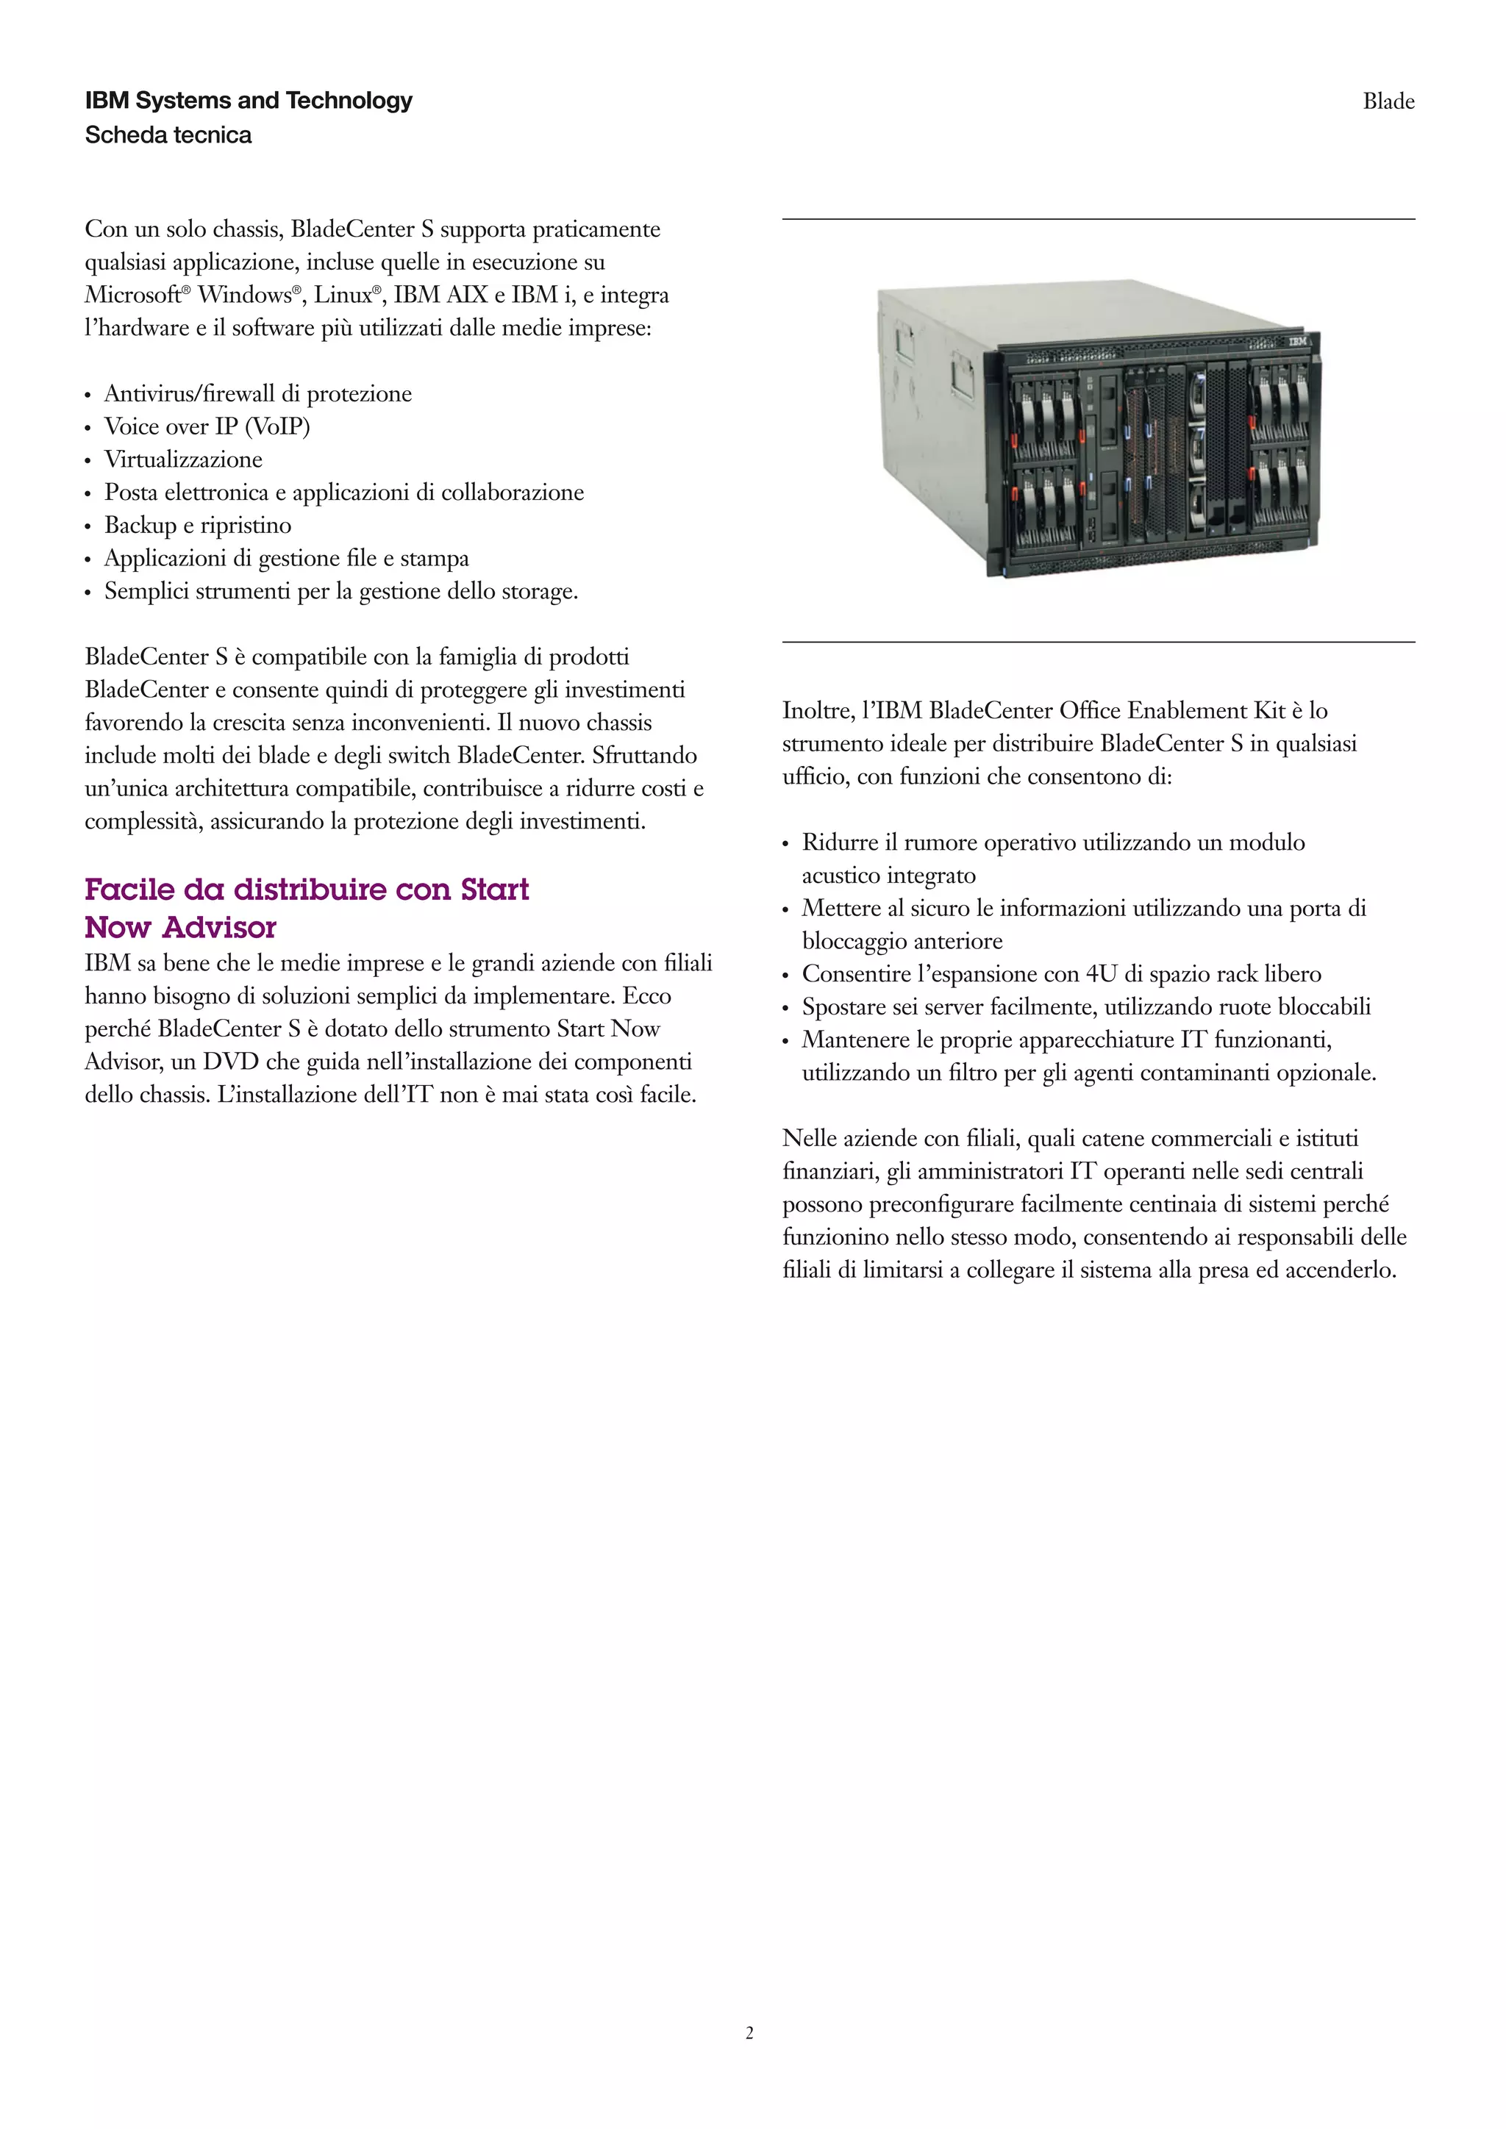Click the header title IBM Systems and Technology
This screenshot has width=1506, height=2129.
(249, 100)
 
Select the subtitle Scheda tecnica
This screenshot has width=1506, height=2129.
(168, 135)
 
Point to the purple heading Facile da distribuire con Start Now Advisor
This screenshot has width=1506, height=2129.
(306, 908)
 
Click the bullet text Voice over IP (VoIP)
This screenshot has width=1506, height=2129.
(207, 426)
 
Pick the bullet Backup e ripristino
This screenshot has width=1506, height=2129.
(198, 526)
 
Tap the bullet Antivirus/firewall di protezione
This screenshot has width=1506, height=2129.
(258, 394)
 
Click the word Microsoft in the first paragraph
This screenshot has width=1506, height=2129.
(132, 296)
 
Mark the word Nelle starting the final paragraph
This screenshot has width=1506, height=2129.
(809, 1139)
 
